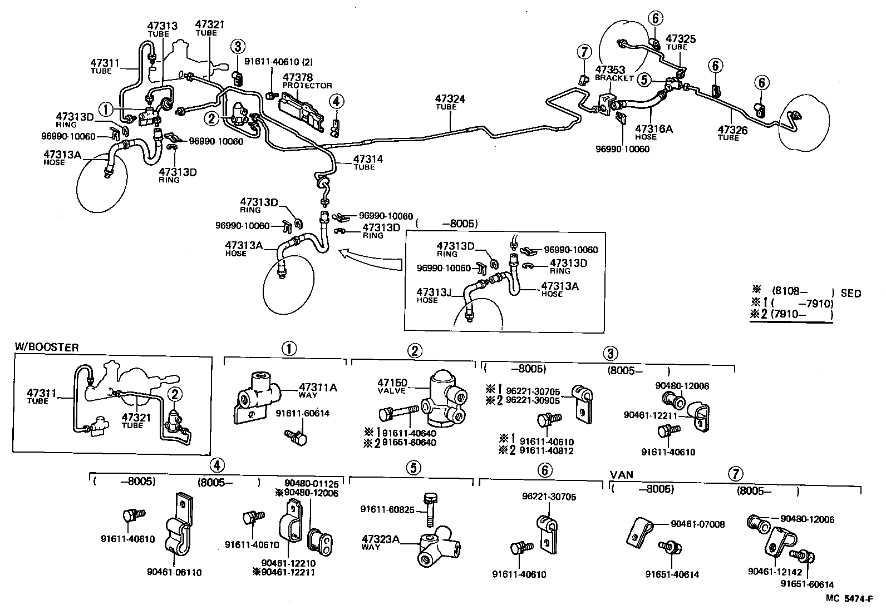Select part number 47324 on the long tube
coord(450,100)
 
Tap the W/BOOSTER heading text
coord(47,348)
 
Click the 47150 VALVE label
coord(392,386)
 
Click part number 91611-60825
coord(387,509)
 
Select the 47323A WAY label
coord(381,542)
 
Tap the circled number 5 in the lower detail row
coord(412,468)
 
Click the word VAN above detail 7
coord(622,475)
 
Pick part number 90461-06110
coord(174,572)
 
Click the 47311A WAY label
coord(318,390)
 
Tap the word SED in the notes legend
coord(850,293)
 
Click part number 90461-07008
coord(697,524)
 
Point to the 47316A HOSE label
coord(654,132)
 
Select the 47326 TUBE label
coord(732,133)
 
